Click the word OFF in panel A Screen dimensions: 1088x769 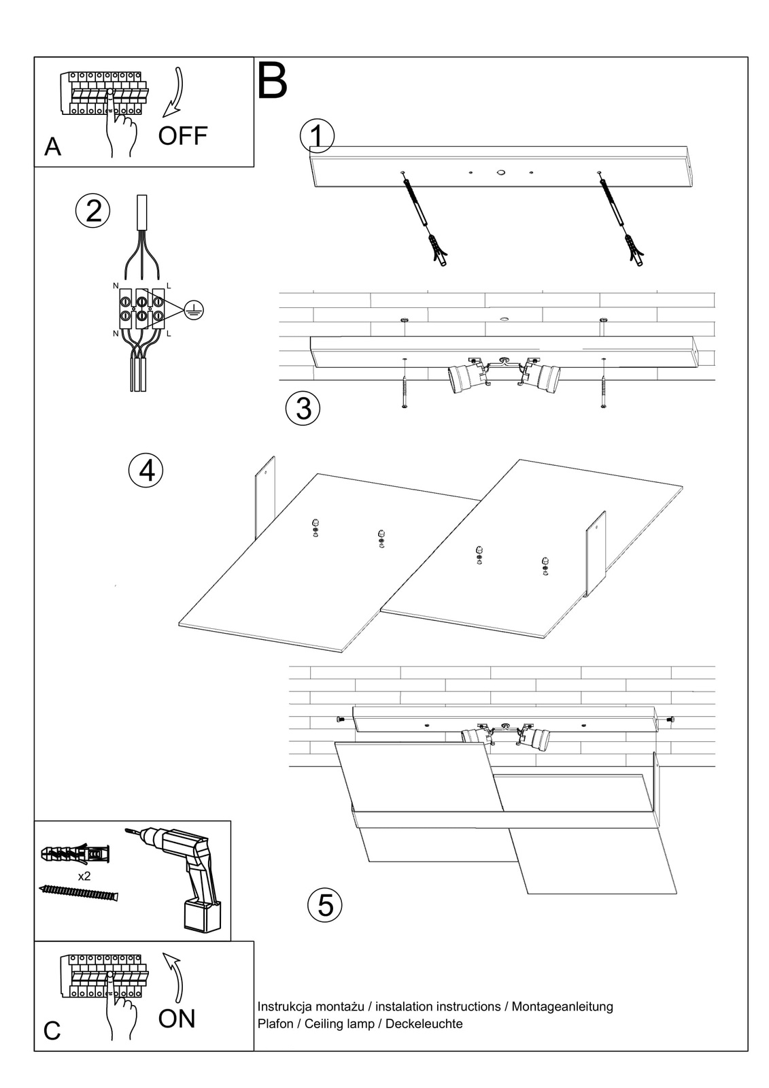tap(182, 136)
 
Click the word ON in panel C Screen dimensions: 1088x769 tap(177, 1019)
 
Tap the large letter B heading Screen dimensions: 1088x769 tap(273, 82)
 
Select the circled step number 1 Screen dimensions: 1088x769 tap(317, 137)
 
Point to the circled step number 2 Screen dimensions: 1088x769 tap(93, 211)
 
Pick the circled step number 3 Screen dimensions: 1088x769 tap(303, 408)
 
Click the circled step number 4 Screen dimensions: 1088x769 tap(146, 470)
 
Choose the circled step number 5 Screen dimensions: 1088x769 tap(325, 905)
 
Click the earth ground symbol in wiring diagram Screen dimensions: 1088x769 tap(194, 310)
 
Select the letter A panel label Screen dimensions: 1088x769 tap(52, 147)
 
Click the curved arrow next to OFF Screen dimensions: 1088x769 tap(175, 90)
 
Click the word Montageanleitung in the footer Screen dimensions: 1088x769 tap(562, 1006)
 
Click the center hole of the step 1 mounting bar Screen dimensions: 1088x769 tap(501, 173)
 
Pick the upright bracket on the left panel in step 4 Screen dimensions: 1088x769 tap(265, 497)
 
